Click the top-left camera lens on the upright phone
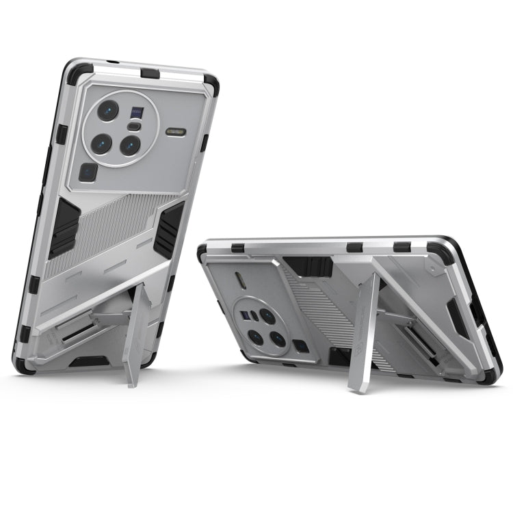click(x=108, y=110)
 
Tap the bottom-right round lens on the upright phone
click(x=130, y=145)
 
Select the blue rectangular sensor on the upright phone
click(x=137, y=112)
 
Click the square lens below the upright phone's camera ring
click(x=89, y=172)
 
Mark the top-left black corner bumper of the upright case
click(x=77, y=71)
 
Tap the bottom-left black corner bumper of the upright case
click(x=24, y=360)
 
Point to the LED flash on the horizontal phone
click(x=241, y=281)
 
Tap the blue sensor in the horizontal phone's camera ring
click(x=245, y=315)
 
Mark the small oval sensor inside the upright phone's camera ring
click(x=135, y=127)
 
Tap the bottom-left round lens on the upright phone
click(x=101, y=143)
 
